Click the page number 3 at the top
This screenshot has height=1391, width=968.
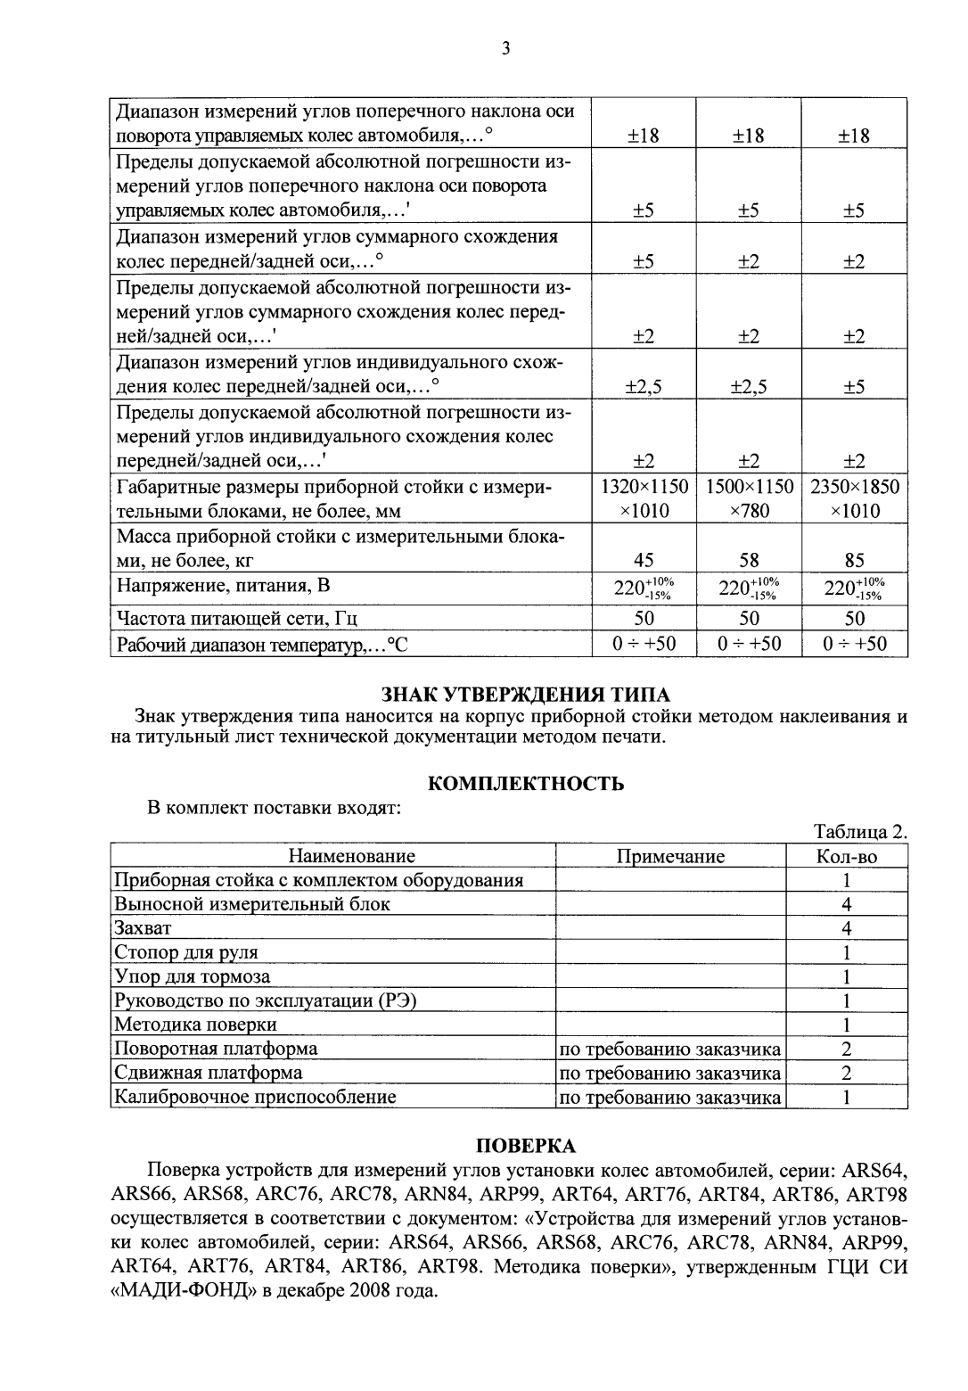(x=505, y=48)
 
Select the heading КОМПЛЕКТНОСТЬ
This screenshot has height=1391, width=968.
(x=526, y=784)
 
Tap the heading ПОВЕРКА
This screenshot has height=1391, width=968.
(x=526, y=1145)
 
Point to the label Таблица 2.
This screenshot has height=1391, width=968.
(x=860, y=832)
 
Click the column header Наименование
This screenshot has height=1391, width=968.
(x=352, y=856)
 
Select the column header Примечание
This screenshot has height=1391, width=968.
(x=670, y=856)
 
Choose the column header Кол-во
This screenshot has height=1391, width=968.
(x=846, y=856)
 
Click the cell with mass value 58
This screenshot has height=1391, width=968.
(x=749, y=560)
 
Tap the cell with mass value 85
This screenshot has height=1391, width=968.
(x=854, y=560)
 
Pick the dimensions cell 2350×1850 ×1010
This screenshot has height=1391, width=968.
(x=854, y=498)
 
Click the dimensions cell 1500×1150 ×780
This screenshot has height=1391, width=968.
(x=749, y=498)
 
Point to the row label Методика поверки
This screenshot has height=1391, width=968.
(x=195, y=1025)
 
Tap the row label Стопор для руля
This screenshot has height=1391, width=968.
(x=185, y=952)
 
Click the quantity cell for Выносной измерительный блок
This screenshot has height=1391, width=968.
(x=846, y=904)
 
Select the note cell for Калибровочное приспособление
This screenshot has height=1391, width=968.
(x=670, y=1097)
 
